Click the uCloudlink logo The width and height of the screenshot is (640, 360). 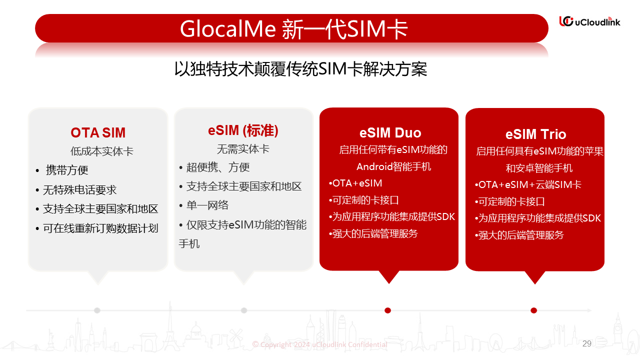[x=589, y=21]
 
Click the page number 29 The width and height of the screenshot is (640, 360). [x=587, y=343]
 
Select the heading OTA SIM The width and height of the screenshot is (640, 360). [x=98, y=132]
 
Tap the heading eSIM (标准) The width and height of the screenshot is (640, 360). [x=243, y=130]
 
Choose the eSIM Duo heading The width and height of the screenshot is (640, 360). [x=390, y=133]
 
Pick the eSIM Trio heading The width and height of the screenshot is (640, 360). [x=535, y=134]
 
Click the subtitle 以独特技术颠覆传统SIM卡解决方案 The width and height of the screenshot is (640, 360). [x=300, y=69]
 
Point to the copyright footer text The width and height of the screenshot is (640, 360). [x=319, y=344]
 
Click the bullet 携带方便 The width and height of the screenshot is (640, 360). [x=67, y=170]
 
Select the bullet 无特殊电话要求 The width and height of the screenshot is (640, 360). [x=79, y=189]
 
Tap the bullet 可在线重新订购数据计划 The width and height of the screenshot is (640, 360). [x=100, y=228]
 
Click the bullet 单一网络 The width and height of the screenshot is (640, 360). [x=207, y=205]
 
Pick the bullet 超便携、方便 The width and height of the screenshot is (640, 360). [x=218, y=167]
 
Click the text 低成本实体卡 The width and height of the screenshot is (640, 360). [x=102, y=151]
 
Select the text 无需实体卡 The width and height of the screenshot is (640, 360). [x=243, y=149]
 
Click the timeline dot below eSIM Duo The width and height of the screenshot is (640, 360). [x=387, y=310]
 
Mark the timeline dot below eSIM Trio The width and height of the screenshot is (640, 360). [x=533, y=310]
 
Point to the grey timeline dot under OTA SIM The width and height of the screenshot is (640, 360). [x=97, y=310]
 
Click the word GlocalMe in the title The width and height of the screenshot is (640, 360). [x=227, y=29]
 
